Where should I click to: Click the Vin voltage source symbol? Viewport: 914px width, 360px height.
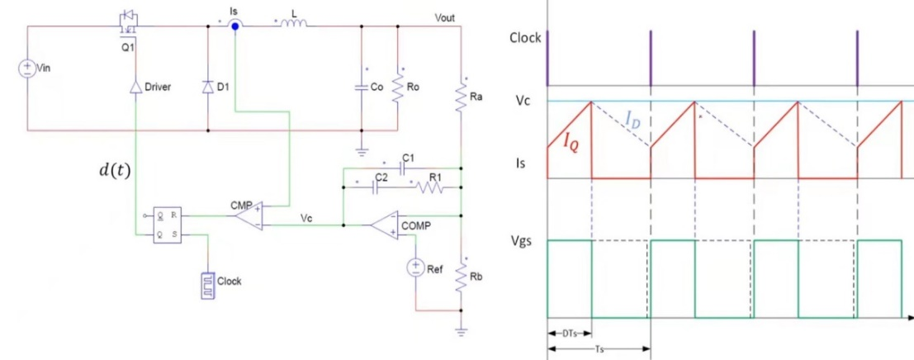[26, 69]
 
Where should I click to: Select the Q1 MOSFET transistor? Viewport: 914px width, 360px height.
[128, 23]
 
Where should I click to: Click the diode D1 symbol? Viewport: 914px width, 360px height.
[207, 87]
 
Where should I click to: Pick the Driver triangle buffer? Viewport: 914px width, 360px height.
[136, 87]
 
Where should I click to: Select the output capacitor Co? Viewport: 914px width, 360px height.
[361, 86]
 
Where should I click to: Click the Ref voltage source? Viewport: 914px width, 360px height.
[414, 268]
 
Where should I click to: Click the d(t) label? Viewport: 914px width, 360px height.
[115, 171]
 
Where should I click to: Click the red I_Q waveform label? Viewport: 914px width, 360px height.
[571, 141]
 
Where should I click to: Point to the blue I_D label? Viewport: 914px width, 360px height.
[632, 121]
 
